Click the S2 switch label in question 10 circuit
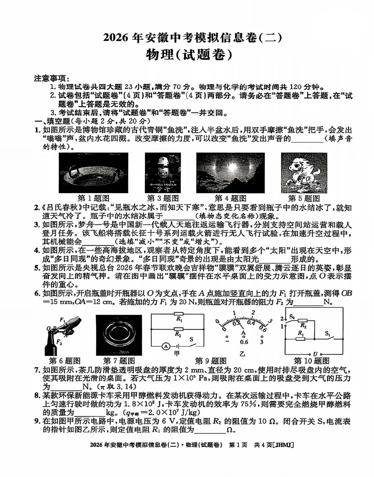(292, 317)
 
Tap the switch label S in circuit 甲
(191, 338)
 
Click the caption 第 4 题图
(230, 198)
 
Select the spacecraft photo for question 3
(163, 173)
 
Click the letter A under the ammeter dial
(243, 333)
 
